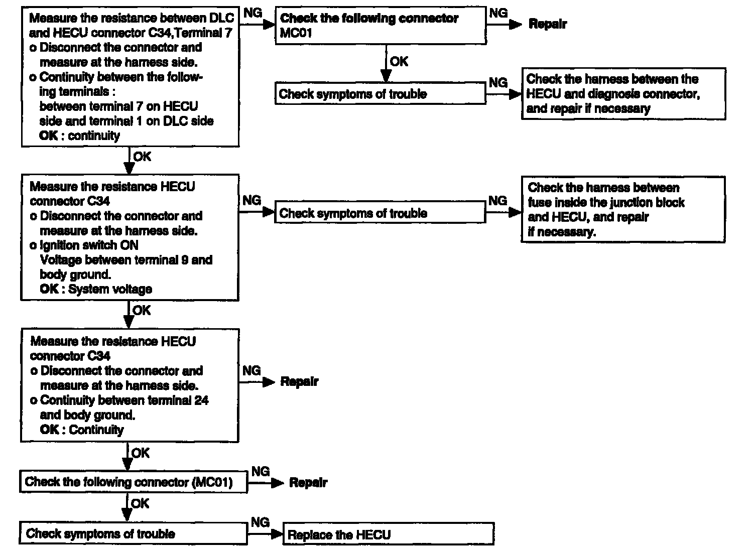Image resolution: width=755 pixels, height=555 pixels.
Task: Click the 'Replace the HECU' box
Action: click(389, 534)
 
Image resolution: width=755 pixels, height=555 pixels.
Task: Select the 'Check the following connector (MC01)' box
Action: click(134, 482)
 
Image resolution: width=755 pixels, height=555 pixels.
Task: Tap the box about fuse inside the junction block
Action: click(623, 209)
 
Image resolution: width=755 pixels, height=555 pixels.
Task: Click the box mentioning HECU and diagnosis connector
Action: click(623, 94)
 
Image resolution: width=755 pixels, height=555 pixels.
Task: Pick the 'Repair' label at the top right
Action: click(548, 24)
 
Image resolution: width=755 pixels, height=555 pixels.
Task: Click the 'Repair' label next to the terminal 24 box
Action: click(299, 382)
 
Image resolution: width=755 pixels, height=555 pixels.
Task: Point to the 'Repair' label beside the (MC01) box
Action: click(308, 483)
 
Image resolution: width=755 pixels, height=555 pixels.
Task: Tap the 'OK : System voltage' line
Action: click(96, 290)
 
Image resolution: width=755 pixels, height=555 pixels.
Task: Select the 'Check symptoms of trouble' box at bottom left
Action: click(134, 533)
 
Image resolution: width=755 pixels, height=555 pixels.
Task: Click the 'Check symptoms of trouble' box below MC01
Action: click(381, 94)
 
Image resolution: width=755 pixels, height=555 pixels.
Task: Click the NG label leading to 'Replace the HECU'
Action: click(260, 522)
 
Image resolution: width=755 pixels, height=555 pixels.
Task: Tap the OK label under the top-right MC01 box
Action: click(399, 62)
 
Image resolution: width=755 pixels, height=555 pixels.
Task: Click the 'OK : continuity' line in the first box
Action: click(80, 136)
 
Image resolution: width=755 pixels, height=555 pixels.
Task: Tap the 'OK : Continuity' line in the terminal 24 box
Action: click(82, 430)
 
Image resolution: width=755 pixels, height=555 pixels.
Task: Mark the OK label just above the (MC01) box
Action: click(140, 453)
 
